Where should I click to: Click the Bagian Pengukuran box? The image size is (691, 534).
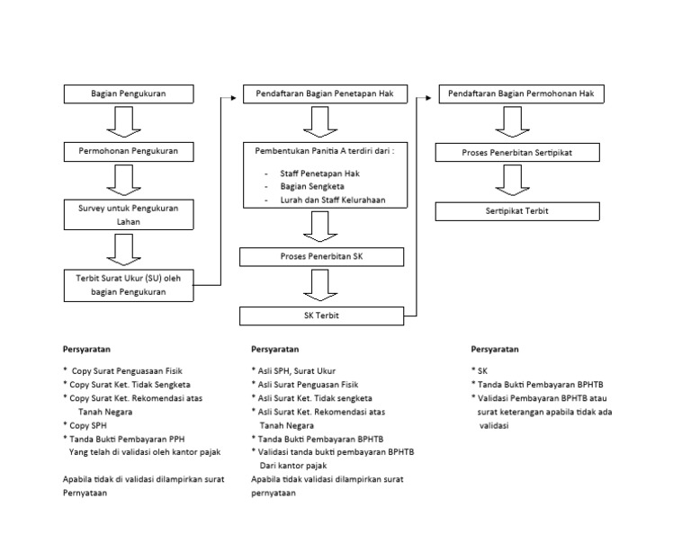(x=129, y=93)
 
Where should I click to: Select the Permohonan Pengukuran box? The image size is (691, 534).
(x=129, y=151)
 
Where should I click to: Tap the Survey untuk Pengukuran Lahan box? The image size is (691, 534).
(x=129, y=214)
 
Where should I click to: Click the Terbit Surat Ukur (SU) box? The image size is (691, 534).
(x=129, y=285)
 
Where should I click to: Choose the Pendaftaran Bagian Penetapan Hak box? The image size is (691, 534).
(x=326, y=93)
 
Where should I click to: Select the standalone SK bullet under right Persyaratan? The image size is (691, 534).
(x=481, y=369)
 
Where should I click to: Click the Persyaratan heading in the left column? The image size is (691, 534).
(x=86, y=348)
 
